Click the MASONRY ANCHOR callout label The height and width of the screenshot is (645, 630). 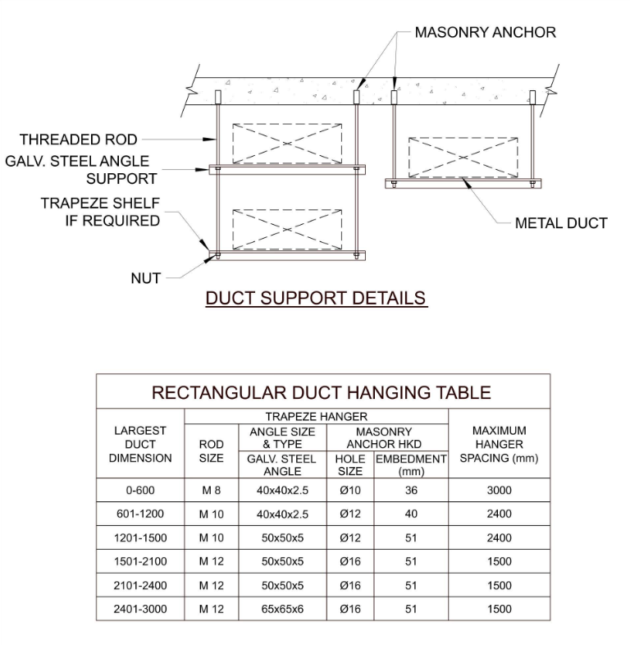point(486,32)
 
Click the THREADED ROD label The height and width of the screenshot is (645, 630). point(78,140)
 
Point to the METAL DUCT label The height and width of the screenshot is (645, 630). point(561,223)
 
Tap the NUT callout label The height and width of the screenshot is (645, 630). point(145,278)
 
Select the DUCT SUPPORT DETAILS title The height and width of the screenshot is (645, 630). point(316,298)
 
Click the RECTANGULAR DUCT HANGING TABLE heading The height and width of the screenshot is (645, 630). point(322,392)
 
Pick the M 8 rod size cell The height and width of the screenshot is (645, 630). point(212,491)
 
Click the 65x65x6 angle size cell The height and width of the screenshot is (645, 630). point(282,609)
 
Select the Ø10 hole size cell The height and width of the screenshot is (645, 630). point(350,491)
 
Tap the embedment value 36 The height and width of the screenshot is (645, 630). point(411,491)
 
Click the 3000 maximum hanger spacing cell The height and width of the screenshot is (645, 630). point(500,491)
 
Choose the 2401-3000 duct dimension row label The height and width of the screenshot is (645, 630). point(140,609)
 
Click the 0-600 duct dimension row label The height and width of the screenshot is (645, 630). point(140,491)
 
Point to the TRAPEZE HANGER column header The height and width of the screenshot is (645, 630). point(317,417)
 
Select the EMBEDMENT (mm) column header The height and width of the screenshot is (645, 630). point(411,464)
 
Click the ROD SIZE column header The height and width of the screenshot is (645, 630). point(212,451)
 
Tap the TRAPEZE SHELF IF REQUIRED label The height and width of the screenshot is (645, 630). point(100,212)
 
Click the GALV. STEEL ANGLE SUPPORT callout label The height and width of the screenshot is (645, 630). point(77,170)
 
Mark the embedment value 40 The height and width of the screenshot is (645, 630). point(411,514)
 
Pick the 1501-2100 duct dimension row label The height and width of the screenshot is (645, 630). point(140,561)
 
